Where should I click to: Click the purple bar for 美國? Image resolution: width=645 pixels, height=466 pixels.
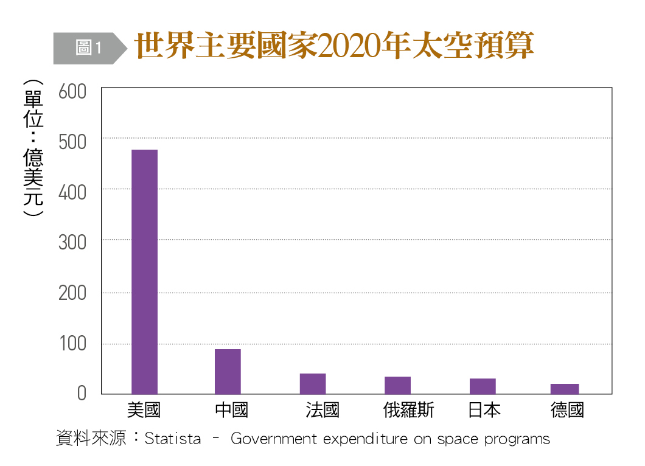point(144,271)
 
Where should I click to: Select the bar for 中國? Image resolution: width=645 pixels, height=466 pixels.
point(228,371)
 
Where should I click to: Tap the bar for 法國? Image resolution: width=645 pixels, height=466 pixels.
point(313,383)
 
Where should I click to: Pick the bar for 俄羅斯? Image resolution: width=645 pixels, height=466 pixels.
point(397,385)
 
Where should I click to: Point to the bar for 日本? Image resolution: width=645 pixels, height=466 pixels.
point(483,386)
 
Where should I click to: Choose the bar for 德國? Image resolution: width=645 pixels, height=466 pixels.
point(565,389)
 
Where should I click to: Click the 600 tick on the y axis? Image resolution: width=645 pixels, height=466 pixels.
point(72,92)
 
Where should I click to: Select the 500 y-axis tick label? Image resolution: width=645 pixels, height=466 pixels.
point(72,142)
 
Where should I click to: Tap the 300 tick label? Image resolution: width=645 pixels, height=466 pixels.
point(72,242)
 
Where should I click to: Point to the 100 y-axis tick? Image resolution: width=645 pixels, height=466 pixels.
point(72,344)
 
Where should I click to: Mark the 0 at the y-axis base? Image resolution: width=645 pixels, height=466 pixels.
point(82,394)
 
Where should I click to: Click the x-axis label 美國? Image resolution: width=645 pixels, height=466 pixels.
point(144,410)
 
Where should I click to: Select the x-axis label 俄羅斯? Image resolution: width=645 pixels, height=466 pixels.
point(408,410)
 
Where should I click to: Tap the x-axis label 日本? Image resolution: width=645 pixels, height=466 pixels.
point(485,410)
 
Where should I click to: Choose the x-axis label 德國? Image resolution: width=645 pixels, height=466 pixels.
point(567,410)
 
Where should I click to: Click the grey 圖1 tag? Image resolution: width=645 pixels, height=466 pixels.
point(88,47)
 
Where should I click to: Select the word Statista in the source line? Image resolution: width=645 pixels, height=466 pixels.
point(173,439)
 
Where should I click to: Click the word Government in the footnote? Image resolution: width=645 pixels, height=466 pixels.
point(274,439)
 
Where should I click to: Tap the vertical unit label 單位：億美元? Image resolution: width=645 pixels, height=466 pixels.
point(33,149)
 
